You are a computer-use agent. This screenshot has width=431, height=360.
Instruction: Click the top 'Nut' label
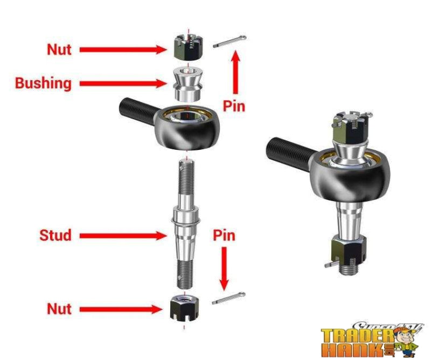[x=59, y=49]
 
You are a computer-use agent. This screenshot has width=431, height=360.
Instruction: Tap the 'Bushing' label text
[x=43, y=83]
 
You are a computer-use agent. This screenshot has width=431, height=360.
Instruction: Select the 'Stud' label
[x=55, y=235]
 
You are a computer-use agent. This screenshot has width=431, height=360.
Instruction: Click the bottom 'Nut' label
[x=59, y=309]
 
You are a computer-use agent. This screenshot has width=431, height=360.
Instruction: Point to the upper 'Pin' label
[x=234, y=106]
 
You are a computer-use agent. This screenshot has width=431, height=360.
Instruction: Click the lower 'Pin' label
[x=224, y=235]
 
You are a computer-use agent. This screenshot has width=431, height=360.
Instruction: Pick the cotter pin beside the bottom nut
[x=228, y=298]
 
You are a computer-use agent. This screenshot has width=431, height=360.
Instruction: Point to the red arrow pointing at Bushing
[x=123, y=83]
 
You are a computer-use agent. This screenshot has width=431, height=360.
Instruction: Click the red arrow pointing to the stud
[x=121, y=235]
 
